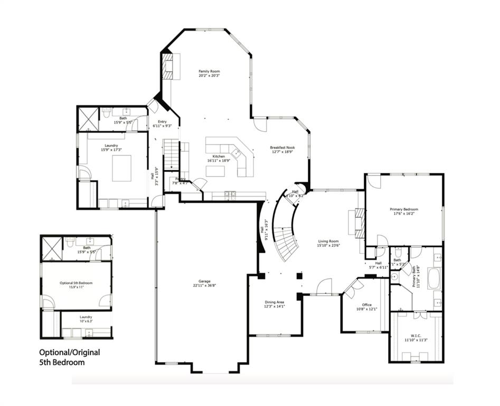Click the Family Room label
tap(209, 71)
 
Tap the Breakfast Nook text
tap(282, 147)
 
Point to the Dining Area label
tap(275, 302)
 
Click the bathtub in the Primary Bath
tap(434, 278)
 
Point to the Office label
tap(367, 304)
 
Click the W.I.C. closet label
tap(416, 335)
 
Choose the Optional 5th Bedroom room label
tap(76, 283)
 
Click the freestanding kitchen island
tap(215, 171)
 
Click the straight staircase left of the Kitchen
tap(171, 154)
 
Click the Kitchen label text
tap(219, 156)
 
